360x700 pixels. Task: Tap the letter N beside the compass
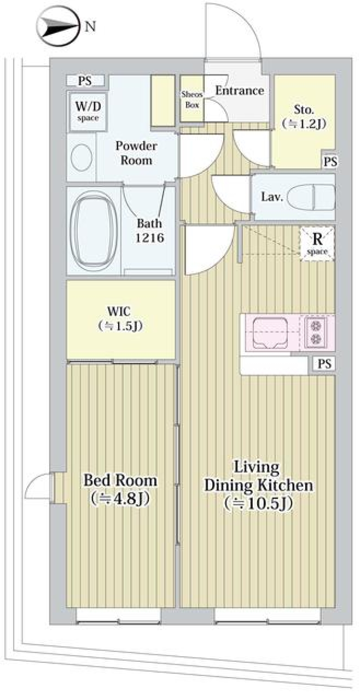(x=90, y=27)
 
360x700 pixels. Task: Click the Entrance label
(x=239, y=91)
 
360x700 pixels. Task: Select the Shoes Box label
(x=192, y=100)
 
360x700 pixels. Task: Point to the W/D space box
(x=88, y=111)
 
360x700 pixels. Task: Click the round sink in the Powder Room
(x=82, y=157)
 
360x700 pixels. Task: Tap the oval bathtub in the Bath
(x=93, y=229)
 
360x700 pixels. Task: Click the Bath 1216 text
(x=150, y=230)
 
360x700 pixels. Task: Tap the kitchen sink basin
(x=270, y=332)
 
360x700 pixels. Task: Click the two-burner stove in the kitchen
(x=315, y=332)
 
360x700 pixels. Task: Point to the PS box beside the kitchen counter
(x=324, y=364)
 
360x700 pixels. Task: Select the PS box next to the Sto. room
(x=330, y=162)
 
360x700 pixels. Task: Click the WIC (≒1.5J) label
(x=120, y=319)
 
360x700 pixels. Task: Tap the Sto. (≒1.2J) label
(x=304, y=117)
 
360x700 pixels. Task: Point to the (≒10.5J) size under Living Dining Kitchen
(x=258, y=504)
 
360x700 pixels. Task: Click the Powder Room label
(x=136, y=153)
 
